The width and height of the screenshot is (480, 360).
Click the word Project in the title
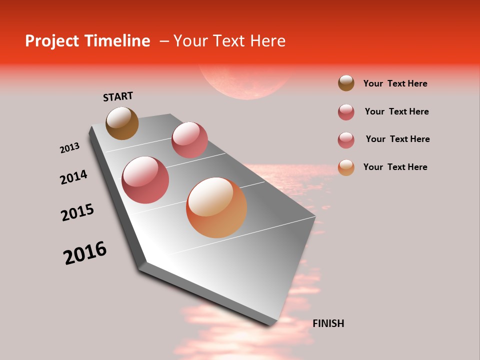pyautogui.click(x=49, y=41)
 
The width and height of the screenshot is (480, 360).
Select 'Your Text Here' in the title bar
pyautogui.click(x=229, y=41)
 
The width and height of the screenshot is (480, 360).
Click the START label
pyautogui.click(x=118, y=96)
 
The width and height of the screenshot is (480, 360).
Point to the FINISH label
pyautogui.click(x=328, y=323)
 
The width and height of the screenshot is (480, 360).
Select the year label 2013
pyautogui.click(x=69, y=148)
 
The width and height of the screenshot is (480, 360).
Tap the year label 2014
pyautogui.click(x=73, y=177)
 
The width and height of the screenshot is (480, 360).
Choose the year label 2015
pyautogui.click(x=77, y=212)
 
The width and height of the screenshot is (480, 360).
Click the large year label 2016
pyautogui.click(x=85, y=253)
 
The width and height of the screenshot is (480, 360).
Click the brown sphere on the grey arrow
pyautogui.click(x=122, y=123)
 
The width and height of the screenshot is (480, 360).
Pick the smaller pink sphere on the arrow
pyautogui.click(x=189, y=140)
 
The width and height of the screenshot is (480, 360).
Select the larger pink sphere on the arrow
pyautogui.click(x=145, y=180)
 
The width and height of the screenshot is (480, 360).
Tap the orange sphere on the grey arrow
pyautogui.click(x=216, y=207)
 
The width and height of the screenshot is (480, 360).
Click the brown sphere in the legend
pyautogui.click(x=346, y=83)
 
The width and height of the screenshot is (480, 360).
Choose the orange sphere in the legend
pyautogui.click(x=346, y=167)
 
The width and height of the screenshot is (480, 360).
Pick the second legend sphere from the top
pyautogui.click(x=346, y=112)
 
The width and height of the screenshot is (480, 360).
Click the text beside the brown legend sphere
pyautogui.click(x=395, y=83)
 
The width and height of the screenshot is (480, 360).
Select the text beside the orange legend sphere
pyautogui.click(x=395, y=167)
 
